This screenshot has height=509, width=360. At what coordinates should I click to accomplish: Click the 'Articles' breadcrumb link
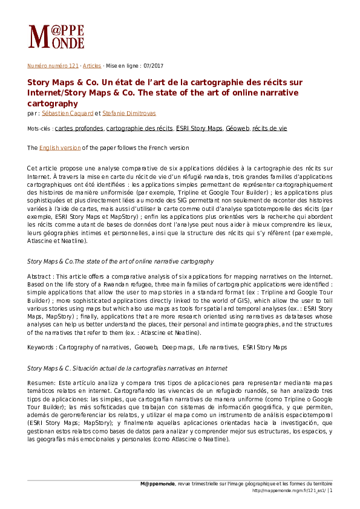(92, 65)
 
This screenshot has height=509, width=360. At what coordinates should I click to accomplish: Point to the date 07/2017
(152, 65)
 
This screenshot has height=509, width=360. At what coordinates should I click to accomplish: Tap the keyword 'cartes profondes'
(79, 129)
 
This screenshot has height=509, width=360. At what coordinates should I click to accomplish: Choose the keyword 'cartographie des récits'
(140, 129)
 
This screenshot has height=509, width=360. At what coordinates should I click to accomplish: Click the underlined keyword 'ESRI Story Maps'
(199, 129)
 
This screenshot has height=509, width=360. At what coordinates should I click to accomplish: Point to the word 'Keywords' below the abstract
(41, 347)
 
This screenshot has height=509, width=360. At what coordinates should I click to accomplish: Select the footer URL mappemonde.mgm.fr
(288, 491)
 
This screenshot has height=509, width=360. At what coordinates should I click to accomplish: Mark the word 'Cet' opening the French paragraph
(33, 167)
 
